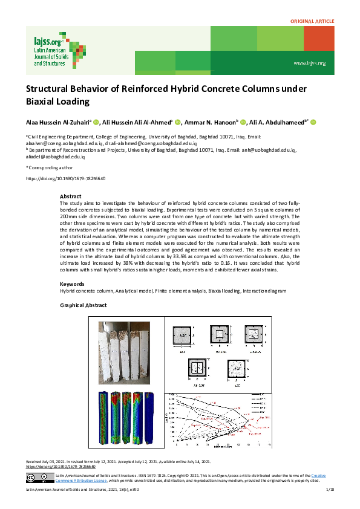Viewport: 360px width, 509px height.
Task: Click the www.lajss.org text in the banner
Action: tap(309, 63)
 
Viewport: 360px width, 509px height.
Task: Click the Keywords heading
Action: tap(72, 284)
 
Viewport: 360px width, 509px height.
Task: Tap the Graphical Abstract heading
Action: tap(83, 306)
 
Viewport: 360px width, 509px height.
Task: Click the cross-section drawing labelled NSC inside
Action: tap(183, 335)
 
